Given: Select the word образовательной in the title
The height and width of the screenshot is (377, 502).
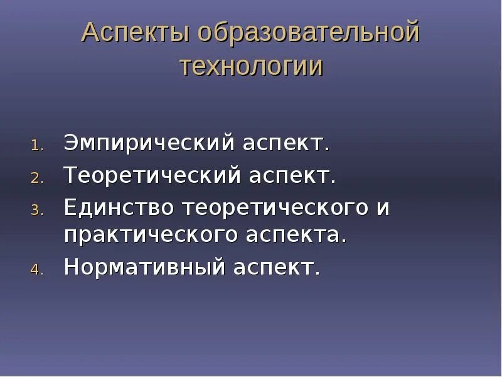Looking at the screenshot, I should (x=307, y=33).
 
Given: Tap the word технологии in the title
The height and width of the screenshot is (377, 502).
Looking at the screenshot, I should (x=251, y=65).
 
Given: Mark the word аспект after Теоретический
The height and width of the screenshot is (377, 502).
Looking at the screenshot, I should (x=292, y=175).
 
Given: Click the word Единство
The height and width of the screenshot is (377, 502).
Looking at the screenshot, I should (x=118, y=207).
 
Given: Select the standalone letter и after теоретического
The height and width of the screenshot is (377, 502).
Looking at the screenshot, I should (x=383, y=207).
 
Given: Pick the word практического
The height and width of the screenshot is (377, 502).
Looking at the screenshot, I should (x=150, y=236).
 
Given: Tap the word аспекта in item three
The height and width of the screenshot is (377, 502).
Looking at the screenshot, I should (x=295, y=236).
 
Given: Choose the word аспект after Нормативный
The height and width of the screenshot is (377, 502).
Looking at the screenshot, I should (x=277, y=268).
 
